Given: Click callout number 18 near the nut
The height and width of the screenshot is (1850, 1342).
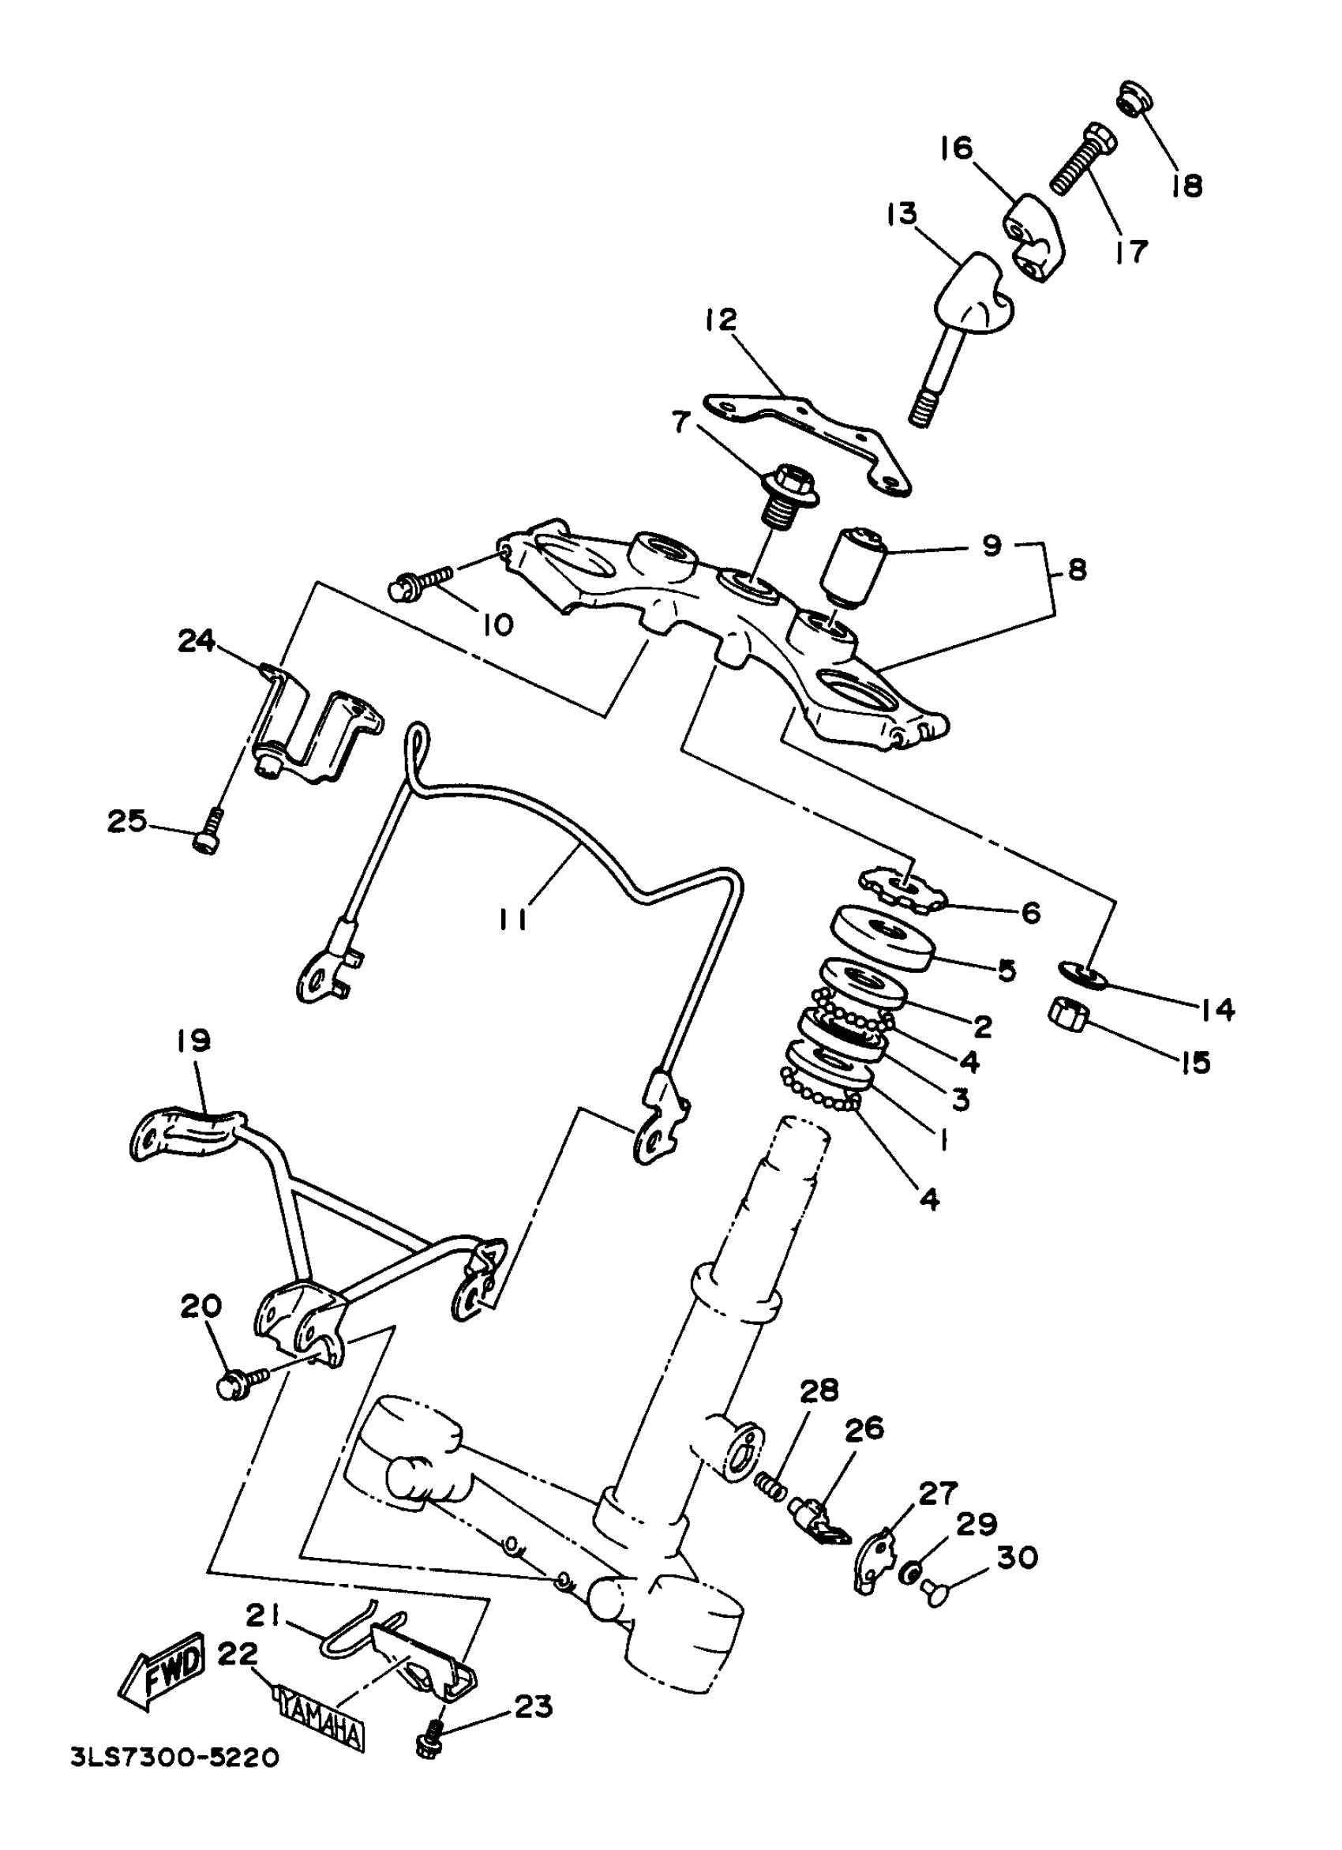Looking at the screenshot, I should click(1187, 186).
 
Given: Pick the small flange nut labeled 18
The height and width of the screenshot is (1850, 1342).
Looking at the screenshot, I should click(1137, 98).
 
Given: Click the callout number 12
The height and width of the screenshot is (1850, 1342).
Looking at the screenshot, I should click(721, 320).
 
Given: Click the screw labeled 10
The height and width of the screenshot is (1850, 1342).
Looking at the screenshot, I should click(420, 584).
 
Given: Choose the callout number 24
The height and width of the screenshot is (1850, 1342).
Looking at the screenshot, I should click(197, 641).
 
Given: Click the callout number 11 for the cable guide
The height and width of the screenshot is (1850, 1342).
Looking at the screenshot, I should click(513, 920).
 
